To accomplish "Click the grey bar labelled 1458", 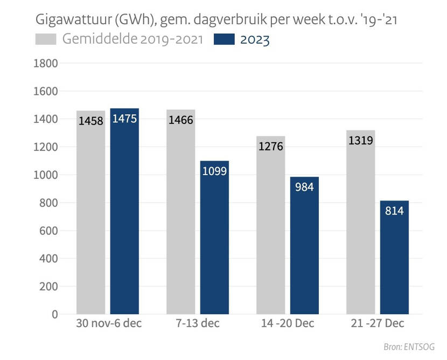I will tap(90, 216).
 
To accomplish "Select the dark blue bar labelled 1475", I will tap(124, 216).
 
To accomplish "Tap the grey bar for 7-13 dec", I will tap(180, 216).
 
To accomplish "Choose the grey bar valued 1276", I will tap(270, 226).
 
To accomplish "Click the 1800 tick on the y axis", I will tap(45, 64).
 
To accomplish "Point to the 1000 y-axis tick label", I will tap(45, 175).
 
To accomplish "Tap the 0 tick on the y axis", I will tap(54, 314).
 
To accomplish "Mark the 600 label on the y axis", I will tap(48, 231).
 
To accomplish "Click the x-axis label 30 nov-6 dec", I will tap(108, 324).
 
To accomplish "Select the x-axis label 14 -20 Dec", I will tap(287, 324).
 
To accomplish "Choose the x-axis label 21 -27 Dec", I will tap(377, 324).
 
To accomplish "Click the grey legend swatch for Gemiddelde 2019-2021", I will tap(46, 40).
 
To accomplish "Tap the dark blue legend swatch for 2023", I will tap(224, 40).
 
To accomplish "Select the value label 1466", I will tap(181, 121).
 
